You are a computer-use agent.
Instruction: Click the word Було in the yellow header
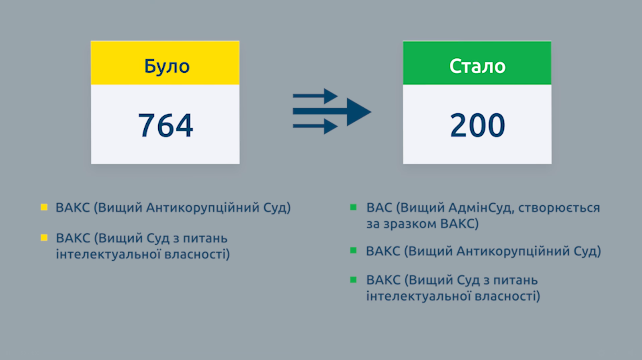pyautogui.click(x=167, y=67)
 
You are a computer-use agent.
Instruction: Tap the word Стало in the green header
pyautogui.click(x=477, y=67)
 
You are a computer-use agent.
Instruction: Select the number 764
pyautogui.click(x=166, y=125)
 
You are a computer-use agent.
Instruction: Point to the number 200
pyautogui.click(x=477, y=125)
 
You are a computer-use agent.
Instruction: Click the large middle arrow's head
pyautogui.click(x=359, y=112)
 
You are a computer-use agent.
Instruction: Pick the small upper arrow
pyautogui.click(x=315, y=96)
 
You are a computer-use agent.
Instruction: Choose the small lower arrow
pyautogui.click(x=315, y=127)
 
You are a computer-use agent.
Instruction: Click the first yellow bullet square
pyautogui.click(x=44, y=207)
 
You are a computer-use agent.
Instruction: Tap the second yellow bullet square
pyautogui.click(x=44, y=237)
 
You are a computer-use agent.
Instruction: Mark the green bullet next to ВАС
pyautogui.click(x=354, y=207)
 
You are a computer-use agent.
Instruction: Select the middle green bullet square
pyautogui.click(x=354, y=250)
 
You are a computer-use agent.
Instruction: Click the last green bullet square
pyautogui.click(x=354, y=280)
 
